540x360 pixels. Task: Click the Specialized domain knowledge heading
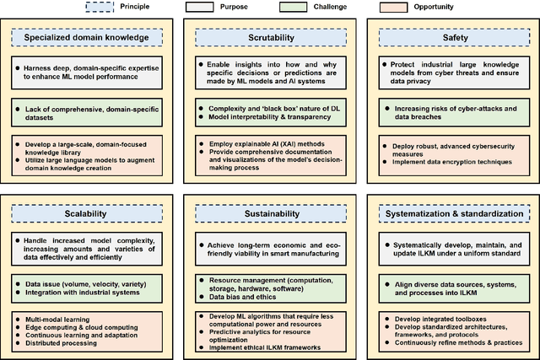[x=88, y=38]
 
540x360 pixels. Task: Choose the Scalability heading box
[x=88, y=214]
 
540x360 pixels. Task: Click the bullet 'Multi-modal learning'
[x=62, y=320]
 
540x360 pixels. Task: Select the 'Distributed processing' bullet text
[x=62, y=345]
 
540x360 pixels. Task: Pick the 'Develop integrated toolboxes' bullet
[x=437, y=320]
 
